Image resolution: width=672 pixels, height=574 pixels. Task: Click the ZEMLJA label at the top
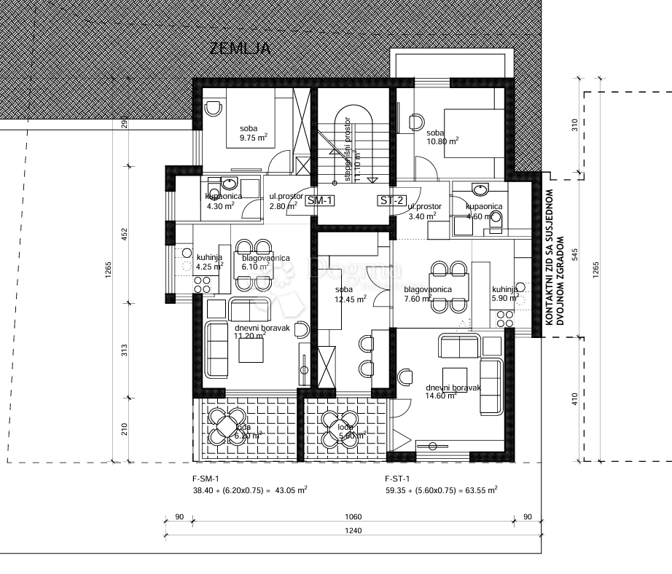240,49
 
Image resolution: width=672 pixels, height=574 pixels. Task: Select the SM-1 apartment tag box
321,201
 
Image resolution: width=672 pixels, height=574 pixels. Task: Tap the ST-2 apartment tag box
390,201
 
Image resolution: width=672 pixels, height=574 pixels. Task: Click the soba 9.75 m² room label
253,133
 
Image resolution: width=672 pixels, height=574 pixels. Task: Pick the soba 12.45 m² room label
348,294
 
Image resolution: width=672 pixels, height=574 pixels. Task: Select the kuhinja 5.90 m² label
504,294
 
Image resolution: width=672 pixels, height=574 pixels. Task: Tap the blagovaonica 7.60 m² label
428,294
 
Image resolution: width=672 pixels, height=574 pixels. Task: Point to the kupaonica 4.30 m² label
219,201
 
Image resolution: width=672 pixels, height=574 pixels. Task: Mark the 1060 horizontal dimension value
353,516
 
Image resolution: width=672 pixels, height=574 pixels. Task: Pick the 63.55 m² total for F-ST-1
481,490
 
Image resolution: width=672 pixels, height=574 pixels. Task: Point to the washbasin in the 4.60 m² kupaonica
480,190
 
